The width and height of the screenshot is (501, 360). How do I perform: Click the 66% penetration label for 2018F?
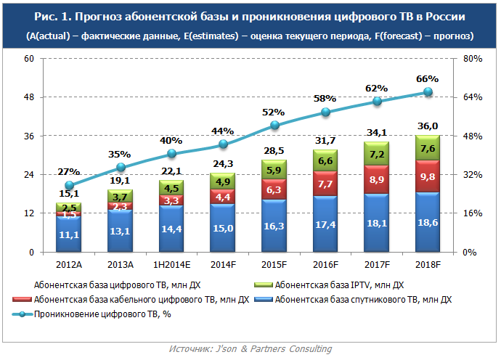pos(428,79)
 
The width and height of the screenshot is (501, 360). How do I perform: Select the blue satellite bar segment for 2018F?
pos(428,222)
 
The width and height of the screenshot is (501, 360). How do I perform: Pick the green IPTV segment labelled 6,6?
pos(325,160)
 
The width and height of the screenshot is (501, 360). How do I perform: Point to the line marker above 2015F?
pos(274,126)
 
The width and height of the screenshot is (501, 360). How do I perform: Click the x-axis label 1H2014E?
pos(171,263)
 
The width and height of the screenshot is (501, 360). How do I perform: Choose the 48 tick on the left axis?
pos(30,97)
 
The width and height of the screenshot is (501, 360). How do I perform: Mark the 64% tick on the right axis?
pos(472,97)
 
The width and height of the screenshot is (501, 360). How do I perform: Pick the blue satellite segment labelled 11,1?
pos(69,234)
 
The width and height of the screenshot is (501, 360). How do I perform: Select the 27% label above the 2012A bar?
pos(69,172)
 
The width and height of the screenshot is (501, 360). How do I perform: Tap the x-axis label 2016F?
pos(325,263)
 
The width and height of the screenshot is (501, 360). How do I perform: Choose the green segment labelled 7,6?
pos(428,148)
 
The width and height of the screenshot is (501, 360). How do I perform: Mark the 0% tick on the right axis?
pos(469,252)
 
